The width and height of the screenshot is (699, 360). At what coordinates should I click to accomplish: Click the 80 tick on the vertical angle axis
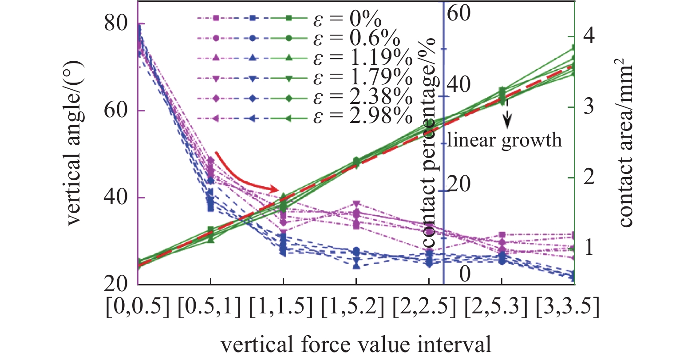116,23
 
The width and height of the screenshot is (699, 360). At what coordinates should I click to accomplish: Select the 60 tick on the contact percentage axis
459,13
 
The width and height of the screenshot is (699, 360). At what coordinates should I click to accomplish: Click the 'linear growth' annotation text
504,140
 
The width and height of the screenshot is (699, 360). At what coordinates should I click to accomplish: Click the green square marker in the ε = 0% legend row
288,18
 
